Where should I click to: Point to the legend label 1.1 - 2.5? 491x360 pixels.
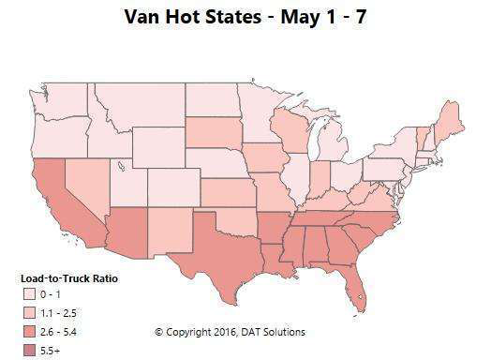pos(67,312)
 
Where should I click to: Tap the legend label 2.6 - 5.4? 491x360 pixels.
pos(67,330)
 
